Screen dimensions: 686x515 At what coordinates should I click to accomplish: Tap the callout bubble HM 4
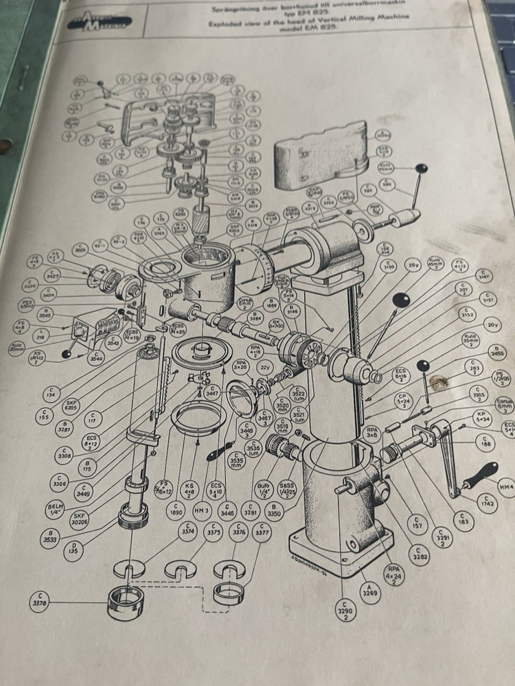(x=506, y=487)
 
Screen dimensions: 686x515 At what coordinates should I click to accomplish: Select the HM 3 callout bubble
(x=201, y=509)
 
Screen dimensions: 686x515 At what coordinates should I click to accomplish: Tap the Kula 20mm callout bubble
(x=16, y=348)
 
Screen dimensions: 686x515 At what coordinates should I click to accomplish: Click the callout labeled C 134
(x=49, y=393)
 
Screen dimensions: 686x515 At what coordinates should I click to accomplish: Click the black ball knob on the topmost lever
(x=421, y=169)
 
